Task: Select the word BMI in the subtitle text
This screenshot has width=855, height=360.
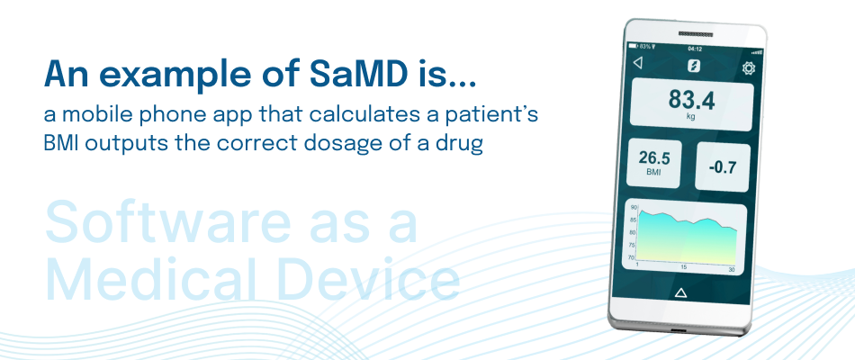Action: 60,143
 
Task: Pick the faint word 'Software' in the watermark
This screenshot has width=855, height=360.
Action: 164,222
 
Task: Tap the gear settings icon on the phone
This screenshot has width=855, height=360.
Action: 749,68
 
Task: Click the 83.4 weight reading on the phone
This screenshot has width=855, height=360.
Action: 691,100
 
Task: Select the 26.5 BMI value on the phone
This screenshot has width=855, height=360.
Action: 654,158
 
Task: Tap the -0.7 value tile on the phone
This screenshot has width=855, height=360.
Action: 723,166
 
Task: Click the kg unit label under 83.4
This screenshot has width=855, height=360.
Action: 691,116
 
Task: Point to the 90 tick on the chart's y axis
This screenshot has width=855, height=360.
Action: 633,208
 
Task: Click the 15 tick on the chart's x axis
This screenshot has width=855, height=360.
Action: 684,268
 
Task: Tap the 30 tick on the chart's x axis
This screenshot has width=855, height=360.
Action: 732,270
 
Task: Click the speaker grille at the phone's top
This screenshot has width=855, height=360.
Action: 696,34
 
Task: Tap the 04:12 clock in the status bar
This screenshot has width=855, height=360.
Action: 695,49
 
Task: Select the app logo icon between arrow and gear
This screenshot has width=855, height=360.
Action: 694,66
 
